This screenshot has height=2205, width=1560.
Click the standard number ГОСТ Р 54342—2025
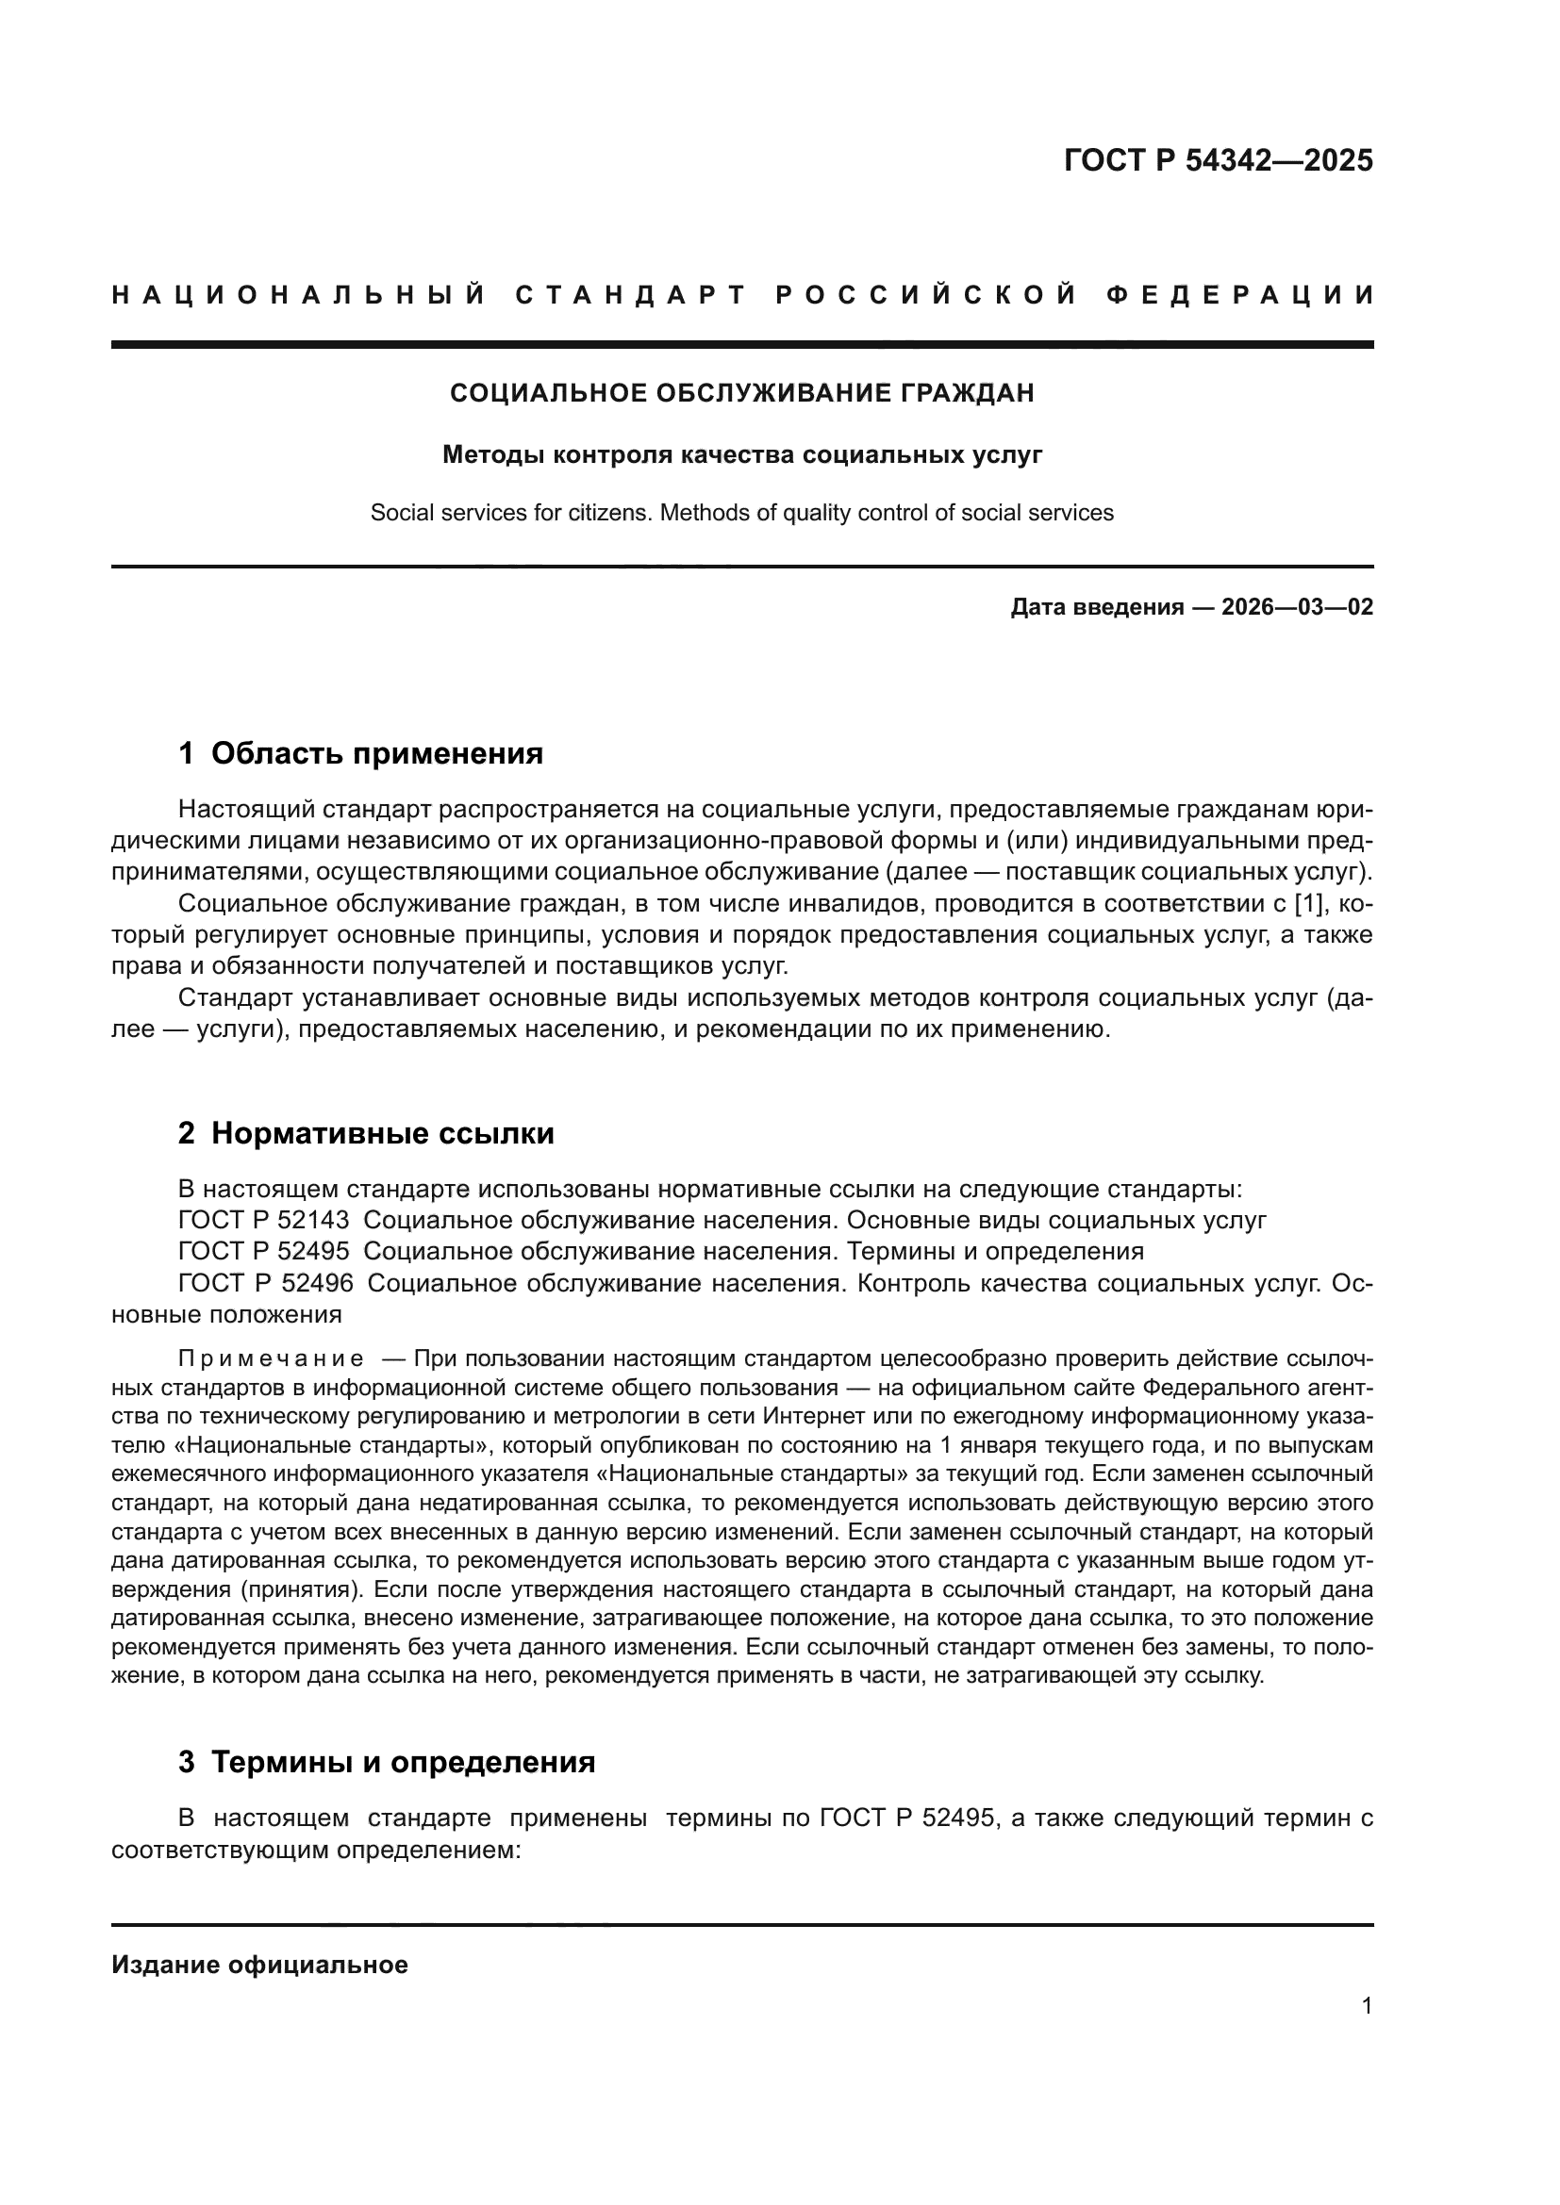[x=1218, y=160]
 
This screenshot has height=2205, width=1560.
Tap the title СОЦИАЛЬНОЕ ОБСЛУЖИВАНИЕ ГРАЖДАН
[x=741, y=393]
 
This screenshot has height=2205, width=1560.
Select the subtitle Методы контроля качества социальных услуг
[x=741, y=454]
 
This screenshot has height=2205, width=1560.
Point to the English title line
[x=741, y=513]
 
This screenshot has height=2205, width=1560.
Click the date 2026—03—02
[x=1297, y=607]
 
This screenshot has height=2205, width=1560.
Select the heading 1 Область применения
[x=360, y=754]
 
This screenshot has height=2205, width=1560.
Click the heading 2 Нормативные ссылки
[x=366, y=1133]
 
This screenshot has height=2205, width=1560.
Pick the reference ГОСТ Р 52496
[x=265, y=1283]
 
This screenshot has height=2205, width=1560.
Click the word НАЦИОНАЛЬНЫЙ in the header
[x=299, y=295]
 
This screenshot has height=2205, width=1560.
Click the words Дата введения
[x=1096, y=607]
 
